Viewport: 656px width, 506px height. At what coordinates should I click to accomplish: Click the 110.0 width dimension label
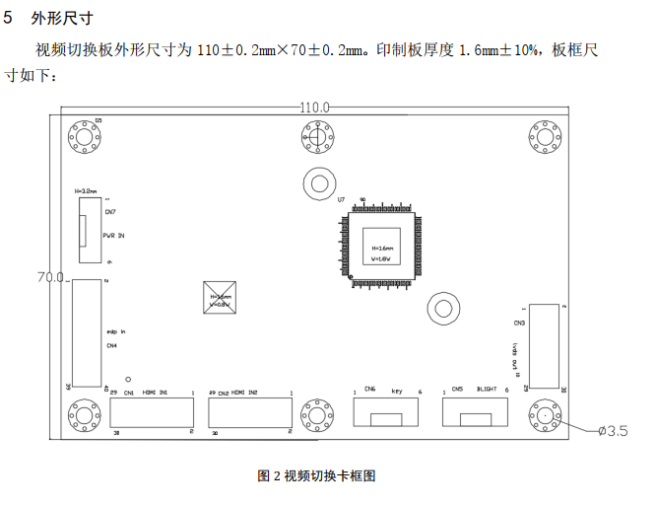314,107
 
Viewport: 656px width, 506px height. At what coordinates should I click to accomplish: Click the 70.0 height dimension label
49,278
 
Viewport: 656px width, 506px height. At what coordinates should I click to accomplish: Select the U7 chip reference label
341,199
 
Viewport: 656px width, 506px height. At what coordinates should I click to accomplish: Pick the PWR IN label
114,237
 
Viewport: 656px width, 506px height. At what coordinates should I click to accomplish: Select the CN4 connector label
111,346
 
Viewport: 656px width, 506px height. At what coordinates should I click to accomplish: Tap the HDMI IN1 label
156,393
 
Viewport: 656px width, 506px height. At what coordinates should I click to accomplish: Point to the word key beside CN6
397,392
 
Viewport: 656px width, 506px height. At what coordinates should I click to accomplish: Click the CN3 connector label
519,323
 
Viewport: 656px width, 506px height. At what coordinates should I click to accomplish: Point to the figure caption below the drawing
316,475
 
